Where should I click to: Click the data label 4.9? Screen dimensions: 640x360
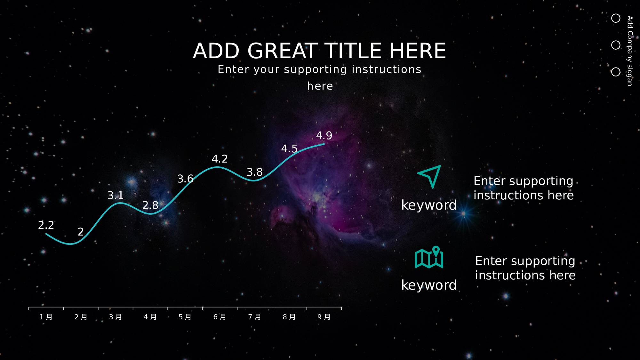(324, 135)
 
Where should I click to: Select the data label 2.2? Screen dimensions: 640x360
(46, 225)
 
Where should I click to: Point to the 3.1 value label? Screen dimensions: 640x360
(116, 195)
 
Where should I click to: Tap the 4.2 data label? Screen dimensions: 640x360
(220, 159)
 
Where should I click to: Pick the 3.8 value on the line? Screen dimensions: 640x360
(255, 172)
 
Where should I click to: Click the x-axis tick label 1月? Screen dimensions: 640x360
(46, 317)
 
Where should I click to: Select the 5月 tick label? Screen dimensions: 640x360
(185, 317)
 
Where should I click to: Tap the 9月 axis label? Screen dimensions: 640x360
(324, 317)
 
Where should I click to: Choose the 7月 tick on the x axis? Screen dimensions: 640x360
(255, 317)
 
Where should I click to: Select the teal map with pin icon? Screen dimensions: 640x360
(429, 257)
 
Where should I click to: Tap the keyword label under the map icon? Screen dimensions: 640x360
(429, 285)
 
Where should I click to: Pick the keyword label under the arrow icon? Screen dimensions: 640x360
(429, 205)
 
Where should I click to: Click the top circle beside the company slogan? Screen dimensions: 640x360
(616, 18)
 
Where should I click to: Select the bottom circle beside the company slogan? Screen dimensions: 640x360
(616, 72)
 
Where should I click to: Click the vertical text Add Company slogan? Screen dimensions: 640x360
(630, 51)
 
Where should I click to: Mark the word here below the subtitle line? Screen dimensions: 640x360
(320, 86)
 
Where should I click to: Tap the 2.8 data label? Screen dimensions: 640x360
(150, 205)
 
